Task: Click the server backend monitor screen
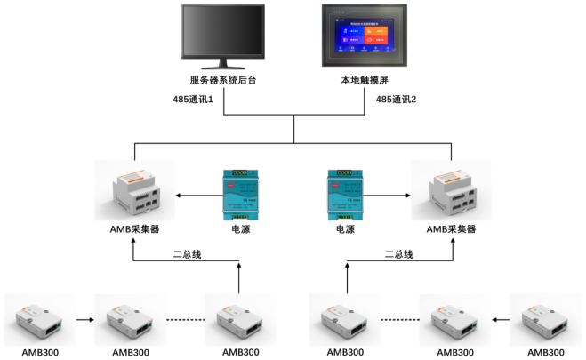pyautogui.click(x=222, y=33)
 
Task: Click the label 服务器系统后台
pyautogui.click(x=222, y=81)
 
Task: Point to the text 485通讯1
pyautogui.click(x=193, y=100)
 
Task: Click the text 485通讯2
pyautogui.click(x=397, y=100)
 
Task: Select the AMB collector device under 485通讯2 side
pyautogui.click(x=452, y=189)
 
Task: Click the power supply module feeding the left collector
pyautogui.click(x=241, y=192)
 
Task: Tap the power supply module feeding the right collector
pyautogui.click(x=345, y=192)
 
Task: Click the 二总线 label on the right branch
pyautogui.click(x=398, y=254)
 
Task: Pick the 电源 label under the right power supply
pyautogui.click(x=345, y=228)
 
